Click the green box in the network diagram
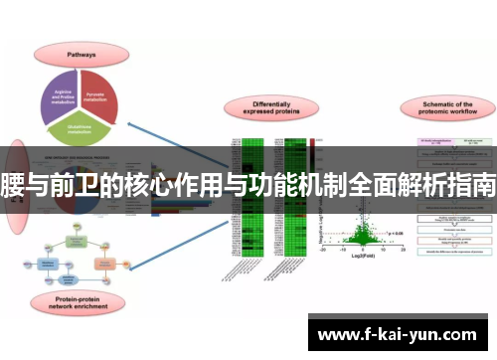point(76,241)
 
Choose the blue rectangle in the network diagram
point(47,264)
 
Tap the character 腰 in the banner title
point(13,183)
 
